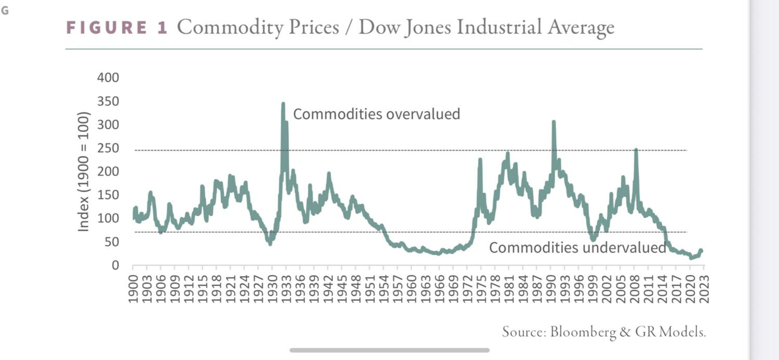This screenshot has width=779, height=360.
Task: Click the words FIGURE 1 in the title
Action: coord(116,28)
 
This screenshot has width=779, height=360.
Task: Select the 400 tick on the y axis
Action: coord(108,78)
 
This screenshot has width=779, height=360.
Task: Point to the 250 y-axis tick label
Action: coord(108,149)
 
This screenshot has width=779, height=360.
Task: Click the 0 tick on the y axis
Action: coord(115,265)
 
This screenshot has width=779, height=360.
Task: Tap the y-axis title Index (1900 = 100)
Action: coord(84,171)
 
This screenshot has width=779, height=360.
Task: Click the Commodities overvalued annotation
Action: coord(377,114)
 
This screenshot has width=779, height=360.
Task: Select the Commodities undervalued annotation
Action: coord(577,248)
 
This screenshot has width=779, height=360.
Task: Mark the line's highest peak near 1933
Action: coord(283,104)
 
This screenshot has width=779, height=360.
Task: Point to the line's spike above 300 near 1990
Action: coord(554,122)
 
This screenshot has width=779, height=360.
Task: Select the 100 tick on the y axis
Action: coord(108,219)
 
